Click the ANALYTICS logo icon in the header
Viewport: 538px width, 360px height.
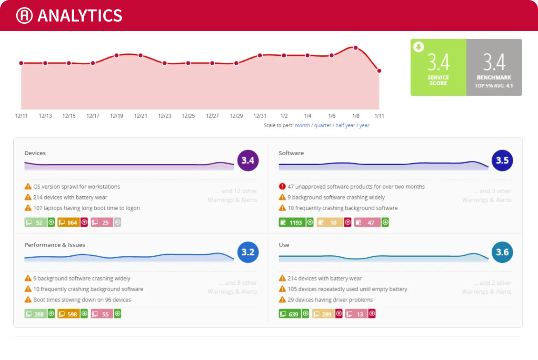(24, 16)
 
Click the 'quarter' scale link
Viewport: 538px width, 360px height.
(322, 126)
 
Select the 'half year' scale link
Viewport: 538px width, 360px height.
(345, 126)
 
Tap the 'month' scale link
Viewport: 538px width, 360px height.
(302, 126)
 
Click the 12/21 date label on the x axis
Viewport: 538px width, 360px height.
(140, 116)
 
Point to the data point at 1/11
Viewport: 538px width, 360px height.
(379, 71)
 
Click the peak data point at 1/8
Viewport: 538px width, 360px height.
(355, 48)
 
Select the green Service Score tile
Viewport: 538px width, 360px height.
(438, 67)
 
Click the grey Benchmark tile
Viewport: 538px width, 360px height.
(494, 67)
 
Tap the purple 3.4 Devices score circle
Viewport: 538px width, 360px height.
(248, 160)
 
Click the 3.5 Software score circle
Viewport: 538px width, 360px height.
(502, 160)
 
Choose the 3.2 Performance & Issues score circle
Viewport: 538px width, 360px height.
(248, 252)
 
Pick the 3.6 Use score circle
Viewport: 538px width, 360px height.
(502, 252)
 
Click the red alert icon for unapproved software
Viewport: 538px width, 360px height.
(282, 187)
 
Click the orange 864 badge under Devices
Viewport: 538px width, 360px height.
(69, 222)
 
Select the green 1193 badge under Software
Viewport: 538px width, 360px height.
(292, 222)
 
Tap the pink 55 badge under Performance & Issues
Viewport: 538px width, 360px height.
(102, 314)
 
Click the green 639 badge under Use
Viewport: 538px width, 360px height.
(290, 314)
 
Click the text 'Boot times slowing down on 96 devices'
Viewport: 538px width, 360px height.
(82, 300)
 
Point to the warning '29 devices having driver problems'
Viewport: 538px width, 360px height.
(330, 300)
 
